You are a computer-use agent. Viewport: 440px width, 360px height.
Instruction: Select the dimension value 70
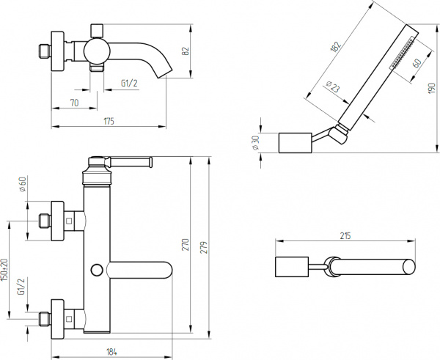point(74,104)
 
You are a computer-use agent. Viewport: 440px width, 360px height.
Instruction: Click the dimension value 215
point(346,236)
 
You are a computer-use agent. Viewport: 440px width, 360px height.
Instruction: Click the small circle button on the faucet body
point(95,270)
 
